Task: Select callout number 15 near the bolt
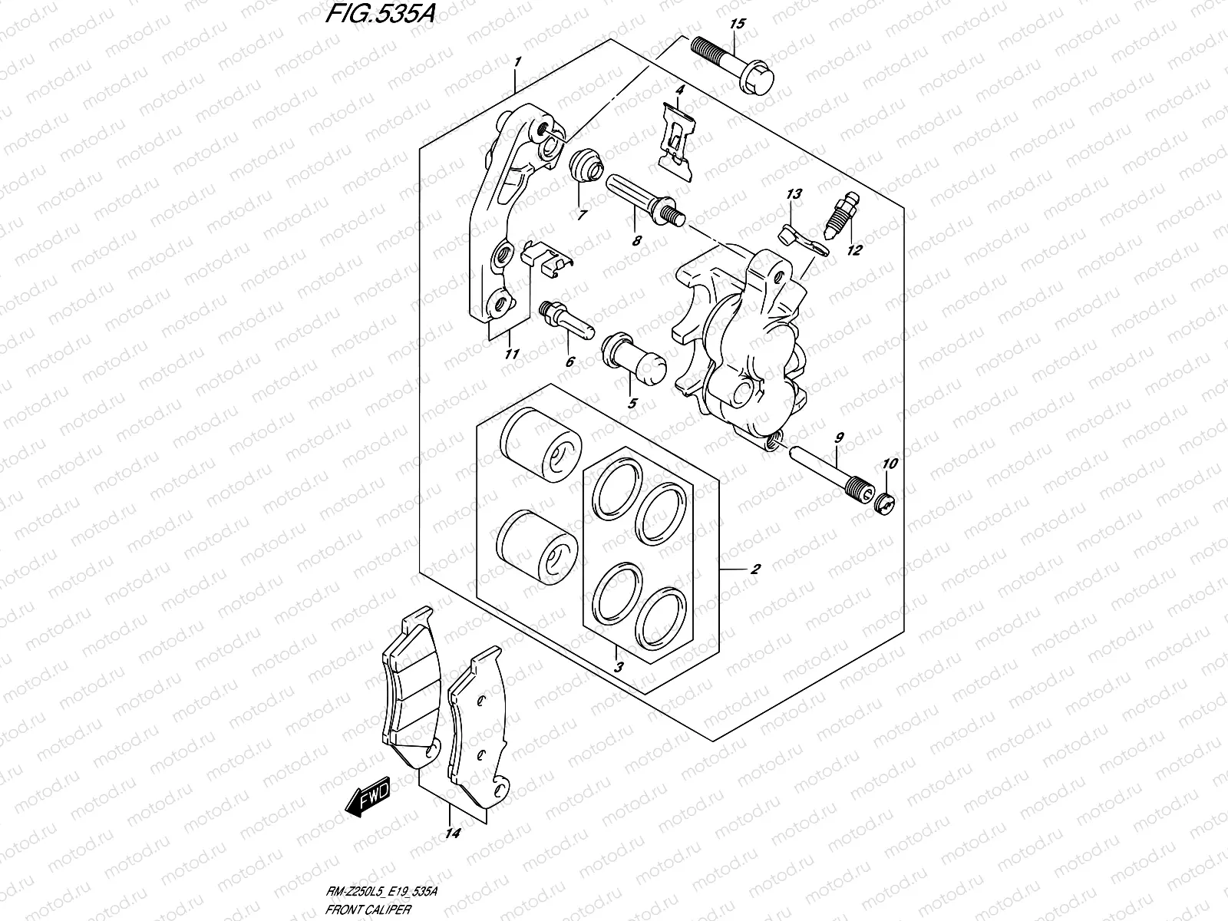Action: [737, 25]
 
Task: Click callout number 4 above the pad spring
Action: [679, 91]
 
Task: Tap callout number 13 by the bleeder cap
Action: [794, 194]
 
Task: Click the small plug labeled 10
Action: [885, 503]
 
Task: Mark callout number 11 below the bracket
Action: [512, 354]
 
